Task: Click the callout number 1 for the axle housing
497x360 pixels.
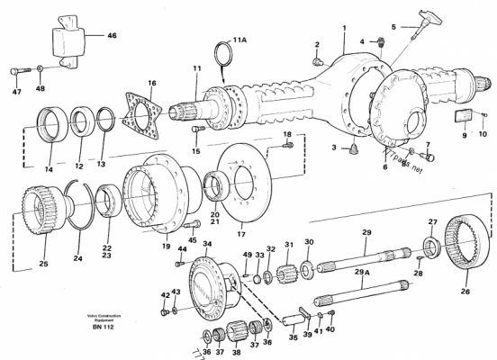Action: (x=344, y=28)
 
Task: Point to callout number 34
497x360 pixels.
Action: (x=206, y=243)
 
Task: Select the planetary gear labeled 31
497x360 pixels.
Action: (x=291, y=267)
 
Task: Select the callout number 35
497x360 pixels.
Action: (x=291, y=339)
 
